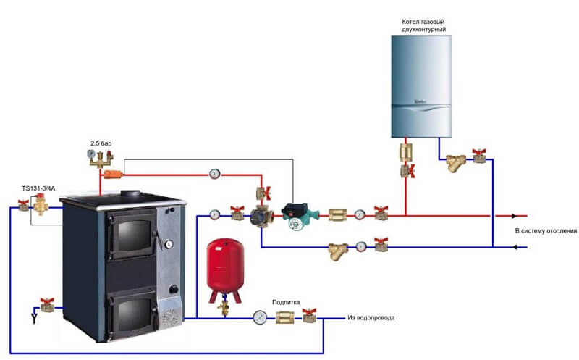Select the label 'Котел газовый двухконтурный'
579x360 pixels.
423,26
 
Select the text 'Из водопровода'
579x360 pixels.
371,317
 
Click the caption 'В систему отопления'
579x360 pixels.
546,231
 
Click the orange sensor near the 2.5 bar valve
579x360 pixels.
112,174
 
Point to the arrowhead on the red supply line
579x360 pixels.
515,216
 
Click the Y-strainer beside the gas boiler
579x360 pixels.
457,161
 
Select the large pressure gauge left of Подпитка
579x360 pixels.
260,317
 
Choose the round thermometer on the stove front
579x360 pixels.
168,244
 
